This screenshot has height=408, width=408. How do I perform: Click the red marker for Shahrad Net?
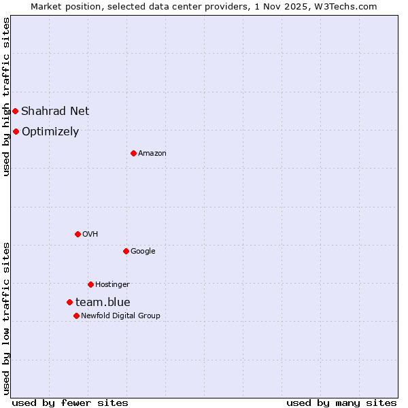(15, 111)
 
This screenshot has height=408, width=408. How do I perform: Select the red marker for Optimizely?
(16, 131)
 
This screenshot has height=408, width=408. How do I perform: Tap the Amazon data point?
(133, 153)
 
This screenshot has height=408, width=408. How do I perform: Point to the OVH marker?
(78, 234)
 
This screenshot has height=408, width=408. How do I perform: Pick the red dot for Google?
(126, 251)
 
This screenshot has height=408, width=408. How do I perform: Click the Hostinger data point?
(90, 284)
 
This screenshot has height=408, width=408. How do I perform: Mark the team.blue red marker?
(69, 302)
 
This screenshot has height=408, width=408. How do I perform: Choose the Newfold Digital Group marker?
(76, 316)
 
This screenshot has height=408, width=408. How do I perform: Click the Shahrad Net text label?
(55, 111)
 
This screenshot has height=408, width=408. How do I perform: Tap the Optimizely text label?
(50, 132)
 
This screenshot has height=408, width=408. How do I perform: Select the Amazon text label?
(152, 154)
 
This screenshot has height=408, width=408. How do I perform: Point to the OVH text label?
(90, 235)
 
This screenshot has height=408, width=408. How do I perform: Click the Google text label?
(143, 252)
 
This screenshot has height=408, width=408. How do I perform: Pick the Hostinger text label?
(112, 285)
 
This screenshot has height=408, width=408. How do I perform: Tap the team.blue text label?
(103, 303)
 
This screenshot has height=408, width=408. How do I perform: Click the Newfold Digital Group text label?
(120, 316)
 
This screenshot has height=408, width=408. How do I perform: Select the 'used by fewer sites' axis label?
(70, 403)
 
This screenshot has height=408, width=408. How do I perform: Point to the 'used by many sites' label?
(341, 403)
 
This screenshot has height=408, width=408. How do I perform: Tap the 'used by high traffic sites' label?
(6, 97)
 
